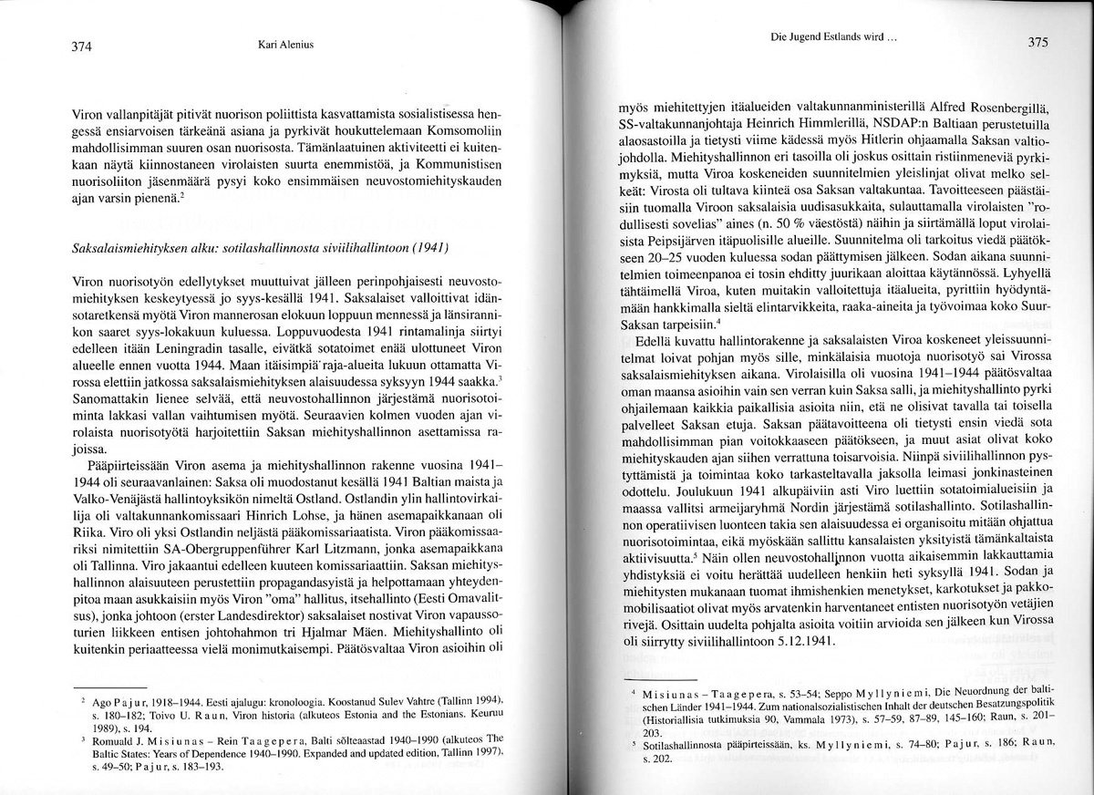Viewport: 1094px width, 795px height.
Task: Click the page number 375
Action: (x=1038, y=41)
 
